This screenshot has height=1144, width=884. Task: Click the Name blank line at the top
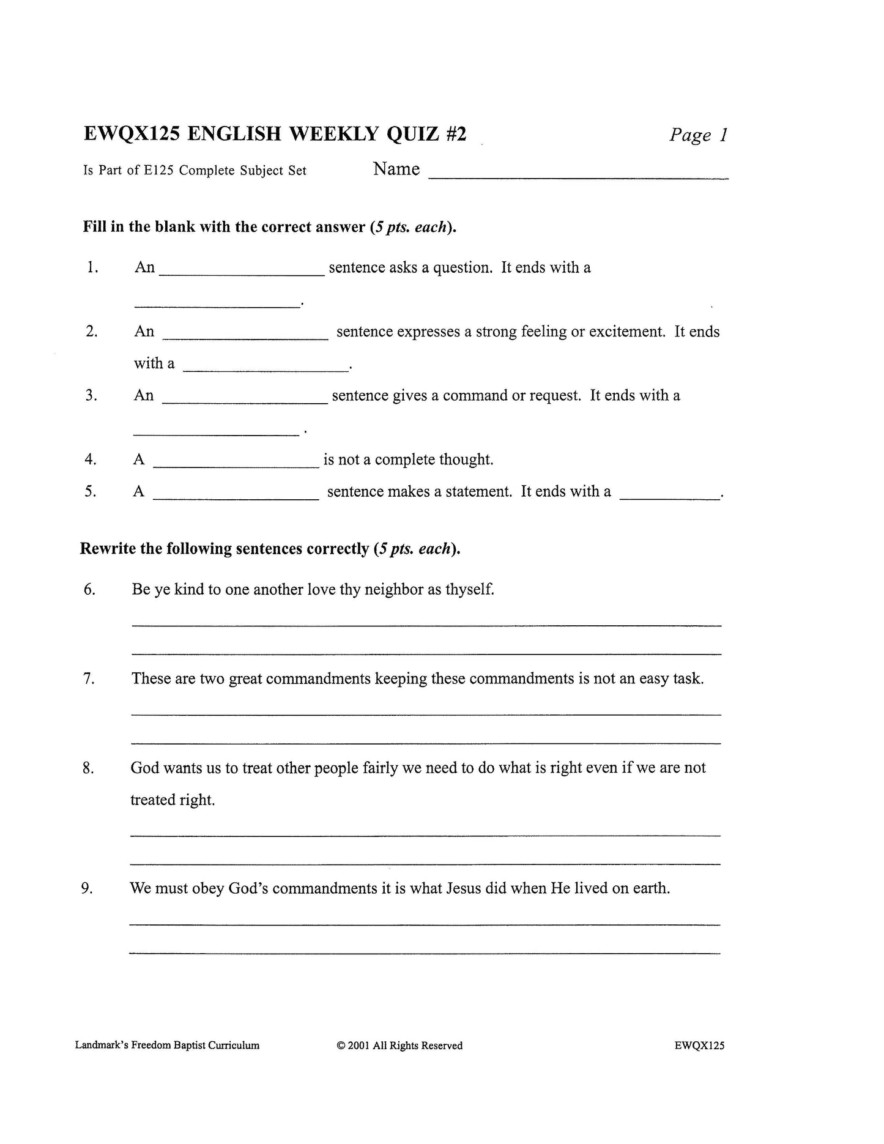pyautogui.click(x=578, y=176)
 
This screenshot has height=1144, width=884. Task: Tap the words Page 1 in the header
pyautogui.click(x=699, y=135)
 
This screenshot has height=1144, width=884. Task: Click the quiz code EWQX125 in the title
pyautogui.click(x=132, y=133)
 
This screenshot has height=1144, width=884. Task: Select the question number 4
pyautogui.click(x=91, y=459)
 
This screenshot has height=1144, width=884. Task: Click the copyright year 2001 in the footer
pyautogui.click(x=358, y=1046)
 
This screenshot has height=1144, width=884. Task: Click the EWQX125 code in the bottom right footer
pyautogui.click(x=699, y=1046)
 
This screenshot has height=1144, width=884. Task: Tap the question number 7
pyautogui.click(x=89, y=679)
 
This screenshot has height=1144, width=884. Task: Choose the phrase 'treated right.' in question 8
pyautogui.click(x=173, y=800)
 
